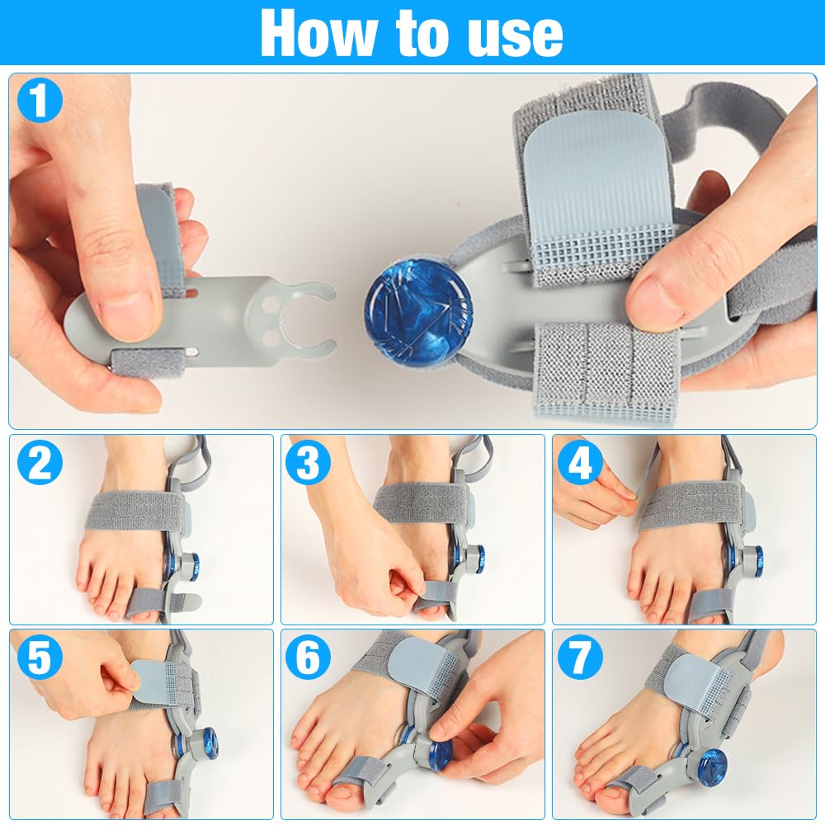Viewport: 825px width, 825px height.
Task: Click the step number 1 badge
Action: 40,100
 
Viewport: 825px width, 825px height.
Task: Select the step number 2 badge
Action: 40,463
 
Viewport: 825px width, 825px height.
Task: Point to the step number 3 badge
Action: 309,463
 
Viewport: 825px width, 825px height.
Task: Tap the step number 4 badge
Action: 580,463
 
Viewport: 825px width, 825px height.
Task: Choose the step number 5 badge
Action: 40,658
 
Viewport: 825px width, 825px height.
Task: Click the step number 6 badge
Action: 309,658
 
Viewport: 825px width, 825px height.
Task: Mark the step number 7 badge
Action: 580,658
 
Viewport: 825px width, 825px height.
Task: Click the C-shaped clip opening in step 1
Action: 307,318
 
